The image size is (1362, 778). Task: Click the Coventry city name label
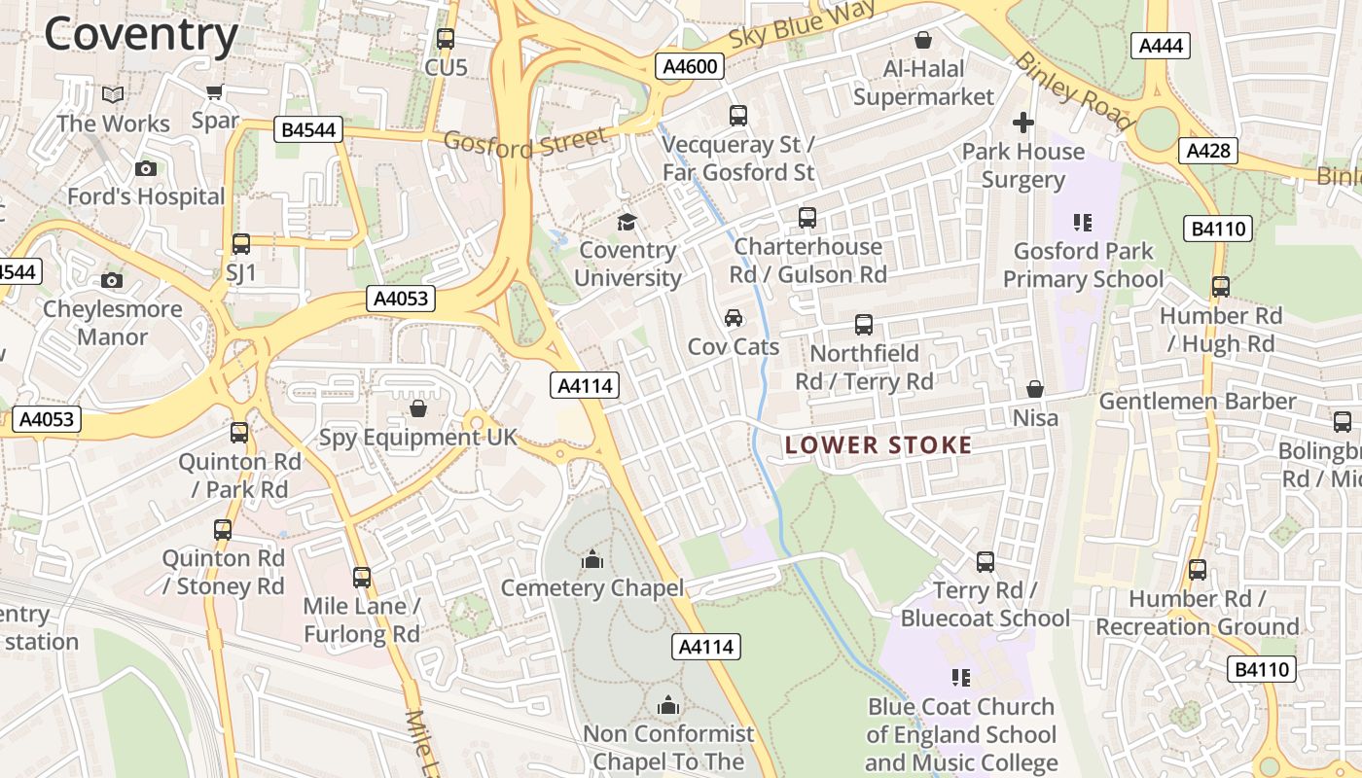141,35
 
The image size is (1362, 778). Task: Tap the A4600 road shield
691,66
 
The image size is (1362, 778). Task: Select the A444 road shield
1161,46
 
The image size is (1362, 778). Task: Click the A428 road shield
1209,151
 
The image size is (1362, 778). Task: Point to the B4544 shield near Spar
308,129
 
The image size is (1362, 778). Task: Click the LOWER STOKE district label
878,445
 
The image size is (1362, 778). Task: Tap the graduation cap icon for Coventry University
627,223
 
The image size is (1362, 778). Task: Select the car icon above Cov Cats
734,318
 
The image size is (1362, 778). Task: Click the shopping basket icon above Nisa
1035,390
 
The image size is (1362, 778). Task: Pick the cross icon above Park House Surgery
1022,123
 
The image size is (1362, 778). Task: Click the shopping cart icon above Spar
215,92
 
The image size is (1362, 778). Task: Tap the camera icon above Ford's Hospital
146,168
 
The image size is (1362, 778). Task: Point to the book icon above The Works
113,94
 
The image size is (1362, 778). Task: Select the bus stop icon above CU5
446,39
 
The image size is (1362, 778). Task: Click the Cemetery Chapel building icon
591,559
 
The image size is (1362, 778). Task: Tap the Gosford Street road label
525,142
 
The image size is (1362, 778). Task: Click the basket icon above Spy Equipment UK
418,408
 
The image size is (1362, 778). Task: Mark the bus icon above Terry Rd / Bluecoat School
986,562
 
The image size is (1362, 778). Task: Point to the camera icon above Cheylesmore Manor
112,281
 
